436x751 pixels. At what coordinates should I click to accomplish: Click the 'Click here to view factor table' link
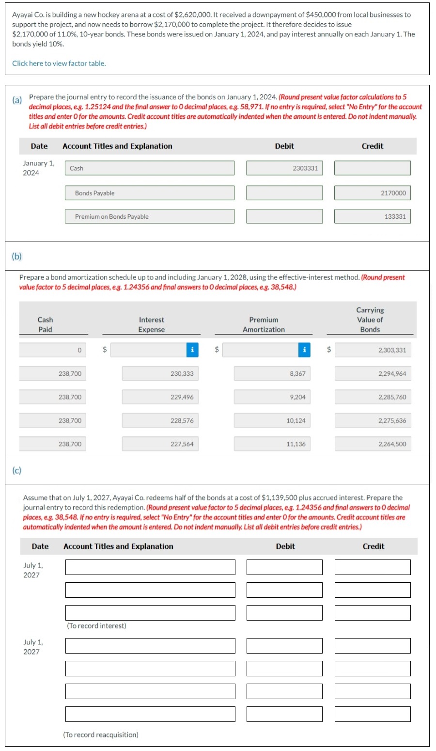(59, 64)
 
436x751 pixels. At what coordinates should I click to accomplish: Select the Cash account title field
(150, 168)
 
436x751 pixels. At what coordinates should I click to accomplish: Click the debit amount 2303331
(284, 168)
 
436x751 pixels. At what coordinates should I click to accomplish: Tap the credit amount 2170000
(372, 193)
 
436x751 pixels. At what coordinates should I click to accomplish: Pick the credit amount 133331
(372, 216)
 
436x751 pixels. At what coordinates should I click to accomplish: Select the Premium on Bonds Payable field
(150, 216)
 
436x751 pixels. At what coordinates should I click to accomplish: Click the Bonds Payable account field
(150, 193)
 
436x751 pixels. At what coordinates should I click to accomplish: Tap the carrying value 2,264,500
(373, 444)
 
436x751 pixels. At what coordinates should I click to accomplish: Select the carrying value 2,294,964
(373, 374)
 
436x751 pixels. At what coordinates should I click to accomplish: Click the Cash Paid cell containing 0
(53, 350)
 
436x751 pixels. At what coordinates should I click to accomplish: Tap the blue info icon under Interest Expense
(192, 350)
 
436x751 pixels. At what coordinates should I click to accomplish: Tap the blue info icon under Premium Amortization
(304, 350)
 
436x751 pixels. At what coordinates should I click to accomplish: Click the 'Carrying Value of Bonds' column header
(370, 320)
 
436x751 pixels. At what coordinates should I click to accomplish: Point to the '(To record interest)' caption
(96, 626)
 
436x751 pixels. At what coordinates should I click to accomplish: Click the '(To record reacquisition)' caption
(101, 735)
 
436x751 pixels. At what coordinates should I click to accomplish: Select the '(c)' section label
(17, 470)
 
